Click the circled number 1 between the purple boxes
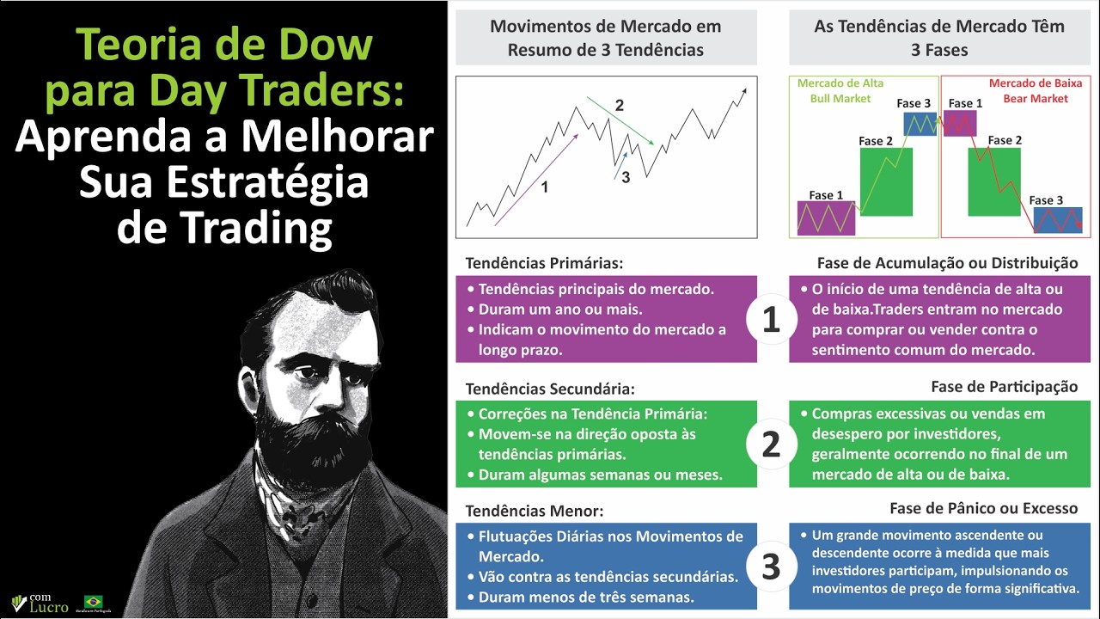[772, 320]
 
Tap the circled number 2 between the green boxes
[772, 444]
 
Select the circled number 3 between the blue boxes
[772, 567]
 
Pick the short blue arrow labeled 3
[621, 165]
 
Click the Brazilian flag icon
[93, 601]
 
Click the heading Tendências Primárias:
[544, 263]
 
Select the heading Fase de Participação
[1004, 387]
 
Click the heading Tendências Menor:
[535, 511]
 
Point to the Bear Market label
[1036, 98]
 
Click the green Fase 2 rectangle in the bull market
[885, 181]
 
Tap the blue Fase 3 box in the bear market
[1057, 220]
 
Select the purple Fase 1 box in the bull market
[826, 218]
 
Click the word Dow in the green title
[321, 46]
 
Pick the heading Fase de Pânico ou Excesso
[983, 508]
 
